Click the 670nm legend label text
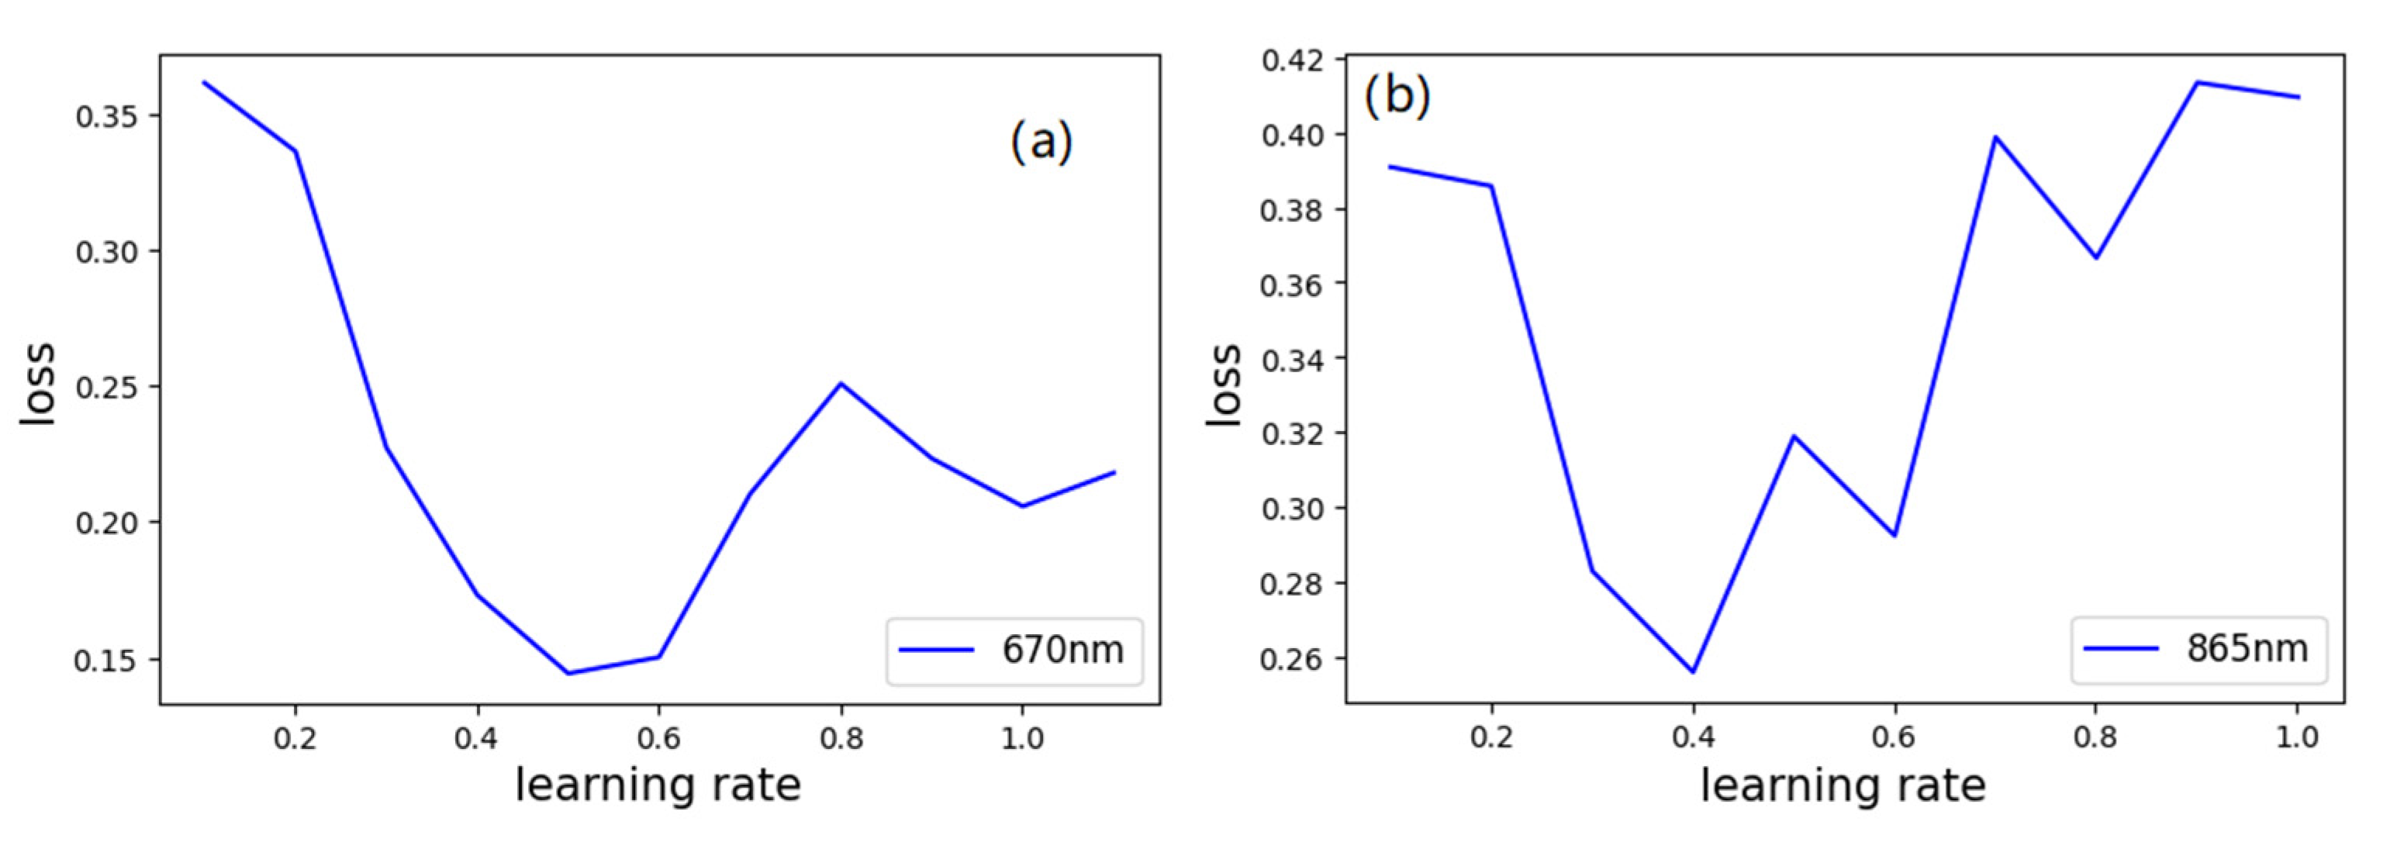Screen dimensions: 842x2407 [x=1062, y=650]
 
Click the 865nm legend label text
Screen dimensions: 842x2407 [x=2246, y=647]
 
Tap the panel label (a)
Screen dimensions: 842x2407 [x=1041, y=143]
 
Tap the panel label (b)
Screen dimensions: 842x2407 [x=1397, y=95]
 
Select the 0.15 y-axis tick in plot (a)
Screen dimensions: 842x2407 [x=105, y=661]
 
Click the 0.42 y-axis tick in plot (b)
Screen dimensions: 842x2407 [x=1291, y=60]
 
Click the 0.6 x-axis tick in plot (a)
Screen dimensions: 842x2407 [x=659, y=739]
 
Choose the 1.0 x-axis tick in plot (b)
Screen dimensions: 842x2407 [x=2297, y=737]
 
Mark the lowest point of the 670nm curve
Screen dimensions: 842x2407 [x=568, y=673]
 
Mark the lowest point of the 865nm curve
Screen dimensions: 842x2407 [x=1692, y=671]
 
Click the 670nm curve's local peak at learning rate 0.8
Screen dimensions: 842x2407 [x=841, y=383]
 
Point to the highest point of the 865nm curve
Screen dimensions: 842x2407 [x=2197, y=82]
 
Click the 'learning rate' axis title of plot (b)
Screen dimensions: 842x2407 [x=1842, y=785]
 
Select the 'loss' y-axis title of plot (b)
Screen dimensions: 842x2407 [x=1224, y=385]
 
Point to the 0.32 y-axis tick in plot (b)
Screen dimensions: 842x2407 [x=1291, y=434]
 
